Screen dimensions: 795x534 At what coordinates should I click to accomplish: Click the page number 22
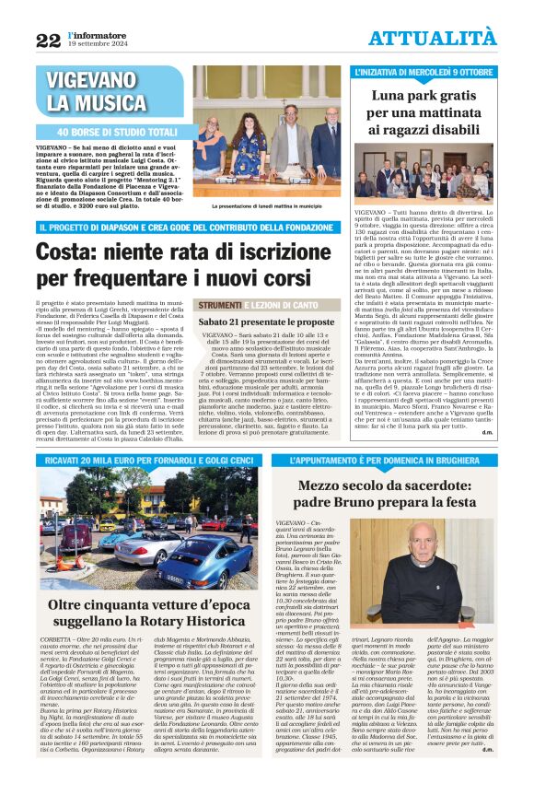click(x=48, y=40)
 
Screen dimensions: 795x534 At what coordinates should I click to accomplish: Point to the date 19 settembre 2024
click(x=96, y=43)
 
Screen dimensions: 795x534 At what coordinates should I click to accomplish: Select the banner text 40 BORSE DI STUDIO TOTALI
click(x=118, y=132)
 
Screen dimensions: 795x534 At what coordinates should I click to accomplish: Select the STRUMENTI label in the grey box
click(x=219, y=305)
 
